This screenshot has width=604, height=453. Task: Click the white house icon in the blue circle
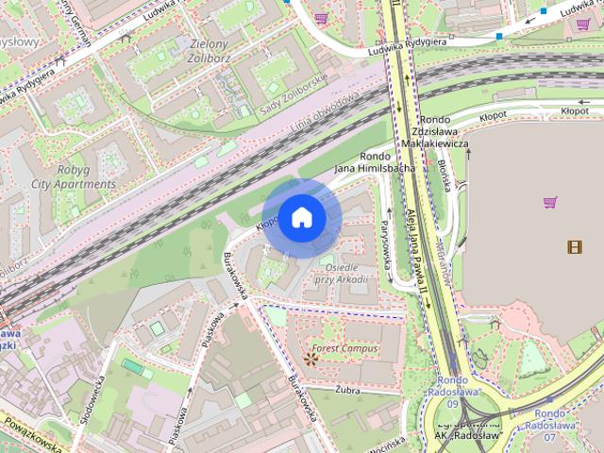tap(301, 217)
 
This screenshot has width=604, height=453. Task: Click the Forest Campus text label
tap(346, 348)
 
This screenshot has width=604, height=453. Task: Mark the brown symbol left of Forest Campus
tap(311, 358)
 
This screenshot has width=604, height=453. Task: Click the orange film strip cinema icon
tap(575, 246)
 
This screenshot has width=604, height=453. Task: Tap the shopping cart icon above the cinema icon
tap(551, 201)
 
